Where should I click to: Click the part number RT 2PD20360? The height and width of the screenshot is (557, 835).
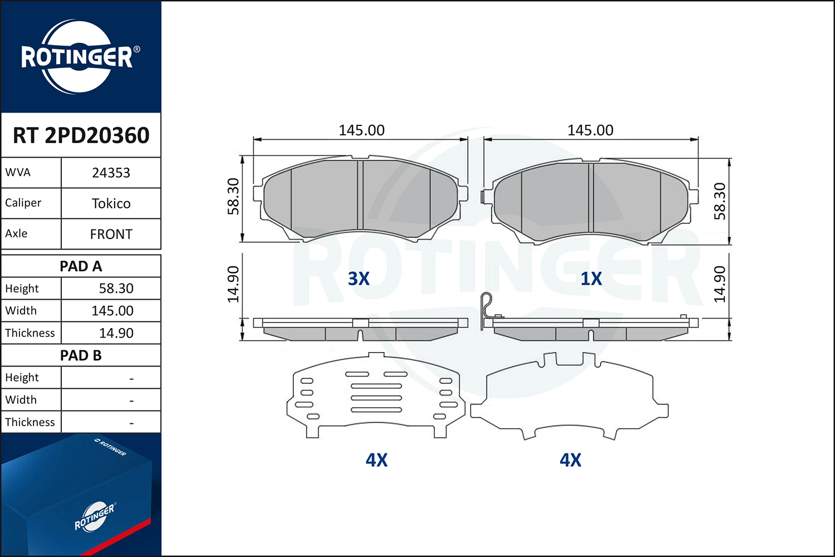(x=81, y=135)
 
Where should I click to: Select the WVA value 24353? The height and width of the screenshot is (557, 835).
(x=111, y=173)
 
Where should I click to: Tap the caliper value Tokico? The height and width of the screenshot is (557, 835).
(x=111, y=203)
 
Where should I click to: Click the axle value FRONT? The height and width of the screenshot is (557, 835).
(x=111, y=234)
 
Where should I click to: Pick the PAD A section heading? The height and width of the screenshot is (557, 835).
(x=81, y=266)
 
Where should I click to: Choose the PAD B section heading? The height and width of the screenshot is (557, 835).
(x=81, y=355)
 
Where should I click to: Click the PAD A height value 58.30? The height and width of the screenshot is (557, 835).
(x=116, y=289)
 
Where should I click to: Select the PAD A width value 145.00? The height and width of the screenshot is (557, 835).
(x=112, y=311)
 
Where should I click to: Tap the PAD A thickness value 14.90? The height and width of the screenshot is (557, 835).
(x=116, y=333)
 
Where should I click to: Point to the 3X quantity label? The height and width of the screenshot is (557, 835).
(x=358, y=278)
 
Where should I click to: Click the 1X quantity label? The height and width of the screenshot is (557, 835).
(x=591, y=278)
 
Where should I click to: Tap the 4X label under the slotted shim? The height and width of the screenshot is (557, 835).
(x=376, y=460)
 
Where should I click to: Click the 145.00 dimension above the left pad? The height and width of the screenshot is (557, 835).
(x=361, y=130)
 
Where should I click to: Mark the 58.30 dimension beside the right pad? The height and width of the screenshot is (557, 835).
(x=720, y=201)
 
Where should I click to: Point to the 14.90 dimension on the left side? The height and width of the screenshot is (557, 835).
(x=233, y=284)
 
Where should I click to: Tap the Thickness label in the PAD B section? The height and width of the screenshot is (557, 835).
(x=30, y=422)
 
